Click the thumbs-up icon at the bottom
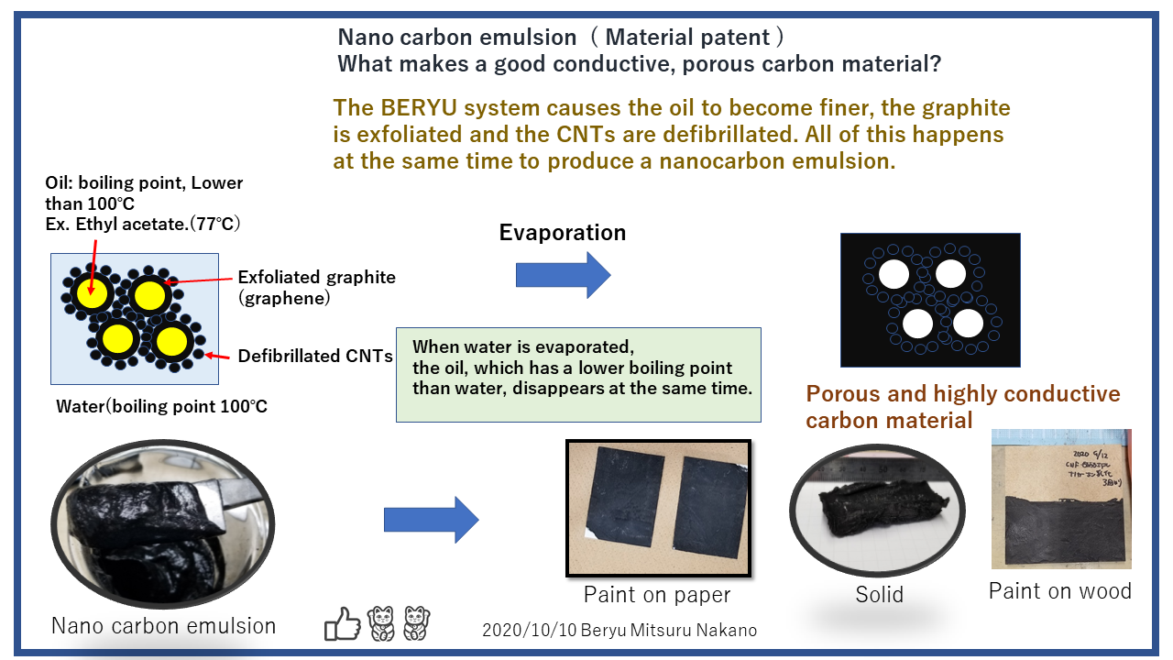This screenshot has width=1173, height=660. [343, 623]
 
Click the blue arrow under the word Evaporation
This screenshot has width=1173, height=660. [563, 274]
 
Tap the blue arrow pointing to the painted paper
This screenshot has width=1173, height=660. [431, 520]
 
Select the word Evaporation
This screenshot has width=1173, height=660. [563, 233]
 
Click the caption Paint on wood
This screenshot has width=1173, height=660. [1059, 591]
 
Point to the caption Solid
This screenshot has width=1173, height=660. [879, 595]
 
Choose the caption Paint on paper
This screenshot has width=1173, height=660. [657, 595]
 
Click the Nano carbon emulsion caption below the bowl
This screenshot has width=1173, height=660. [163, 626]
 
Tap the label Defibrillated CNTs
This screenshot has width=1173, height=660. [315, 356]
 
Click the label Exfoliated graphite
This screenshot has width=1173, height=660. [316, 277]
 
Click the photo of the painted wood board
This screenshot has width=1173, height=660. [1061, 500]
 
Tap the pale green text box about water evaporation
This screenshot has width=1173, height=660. [578, 374]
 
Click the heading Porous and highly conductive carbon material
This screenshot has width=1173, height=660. [962, 407]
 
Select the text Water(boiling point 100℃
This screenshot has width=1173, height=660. [161, 406]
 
